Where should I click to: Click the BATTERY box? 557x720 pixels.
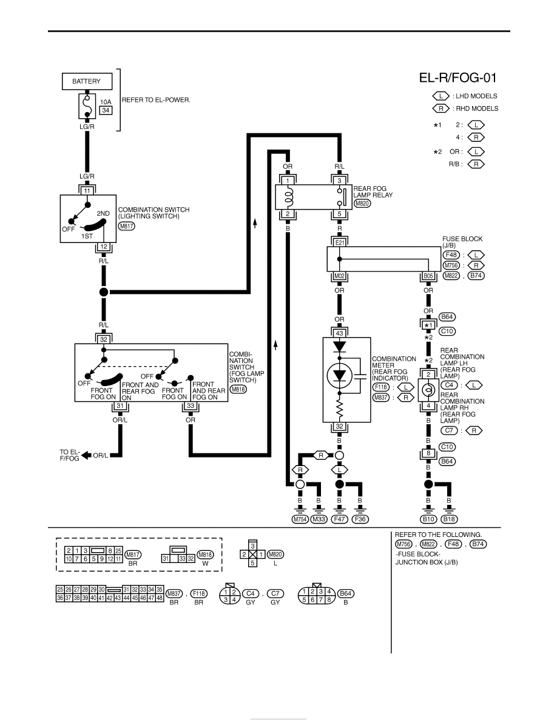click(87, 81)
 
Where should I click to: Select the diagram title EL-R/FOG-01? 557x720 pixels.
click(457, 78)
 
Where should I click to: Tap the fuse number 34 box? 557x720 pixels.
click(106, 110)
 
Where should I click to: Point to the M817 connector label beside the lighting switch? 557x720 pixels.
click(126, 226)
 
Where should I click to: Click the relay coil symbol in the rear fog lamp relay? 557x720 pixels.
click(288, 197)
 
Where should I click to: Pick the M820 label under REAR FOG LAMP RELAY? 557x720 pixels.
click(362, 204)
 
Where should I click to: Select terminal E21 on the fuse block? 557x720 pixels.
click(340, 242)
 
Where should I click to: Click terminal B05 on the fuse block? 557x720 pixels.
click(428, 276)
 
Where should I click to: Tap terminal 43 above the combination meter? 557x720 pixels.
click(339, 333)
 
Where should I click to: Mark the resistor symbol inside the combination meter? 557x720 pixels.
click(340, 408)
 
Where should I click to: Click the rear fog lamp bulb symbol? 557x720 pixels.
click(428, 390)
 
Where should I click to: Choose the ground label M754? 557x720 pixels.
click(300, 519)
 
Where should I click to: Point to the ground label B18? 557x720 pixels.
click(449, 519)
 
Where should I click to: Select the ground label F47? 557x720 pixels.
click(340, 519)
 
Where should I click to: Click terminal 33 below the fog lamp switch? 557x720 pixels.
click(191, 406)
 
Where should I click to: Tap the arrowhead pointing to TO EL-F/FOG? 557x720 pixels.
click(86, 456)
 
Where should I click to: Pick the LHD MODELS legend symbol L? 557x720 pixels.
click(441, 96)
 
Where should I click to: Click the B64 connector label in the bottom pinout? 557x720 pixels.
click(346, 593)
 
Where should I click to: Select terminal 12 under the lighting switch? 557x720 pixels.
click(104, 247)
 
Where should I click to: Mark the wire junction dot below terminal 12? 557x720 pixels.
click(104, 292)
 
